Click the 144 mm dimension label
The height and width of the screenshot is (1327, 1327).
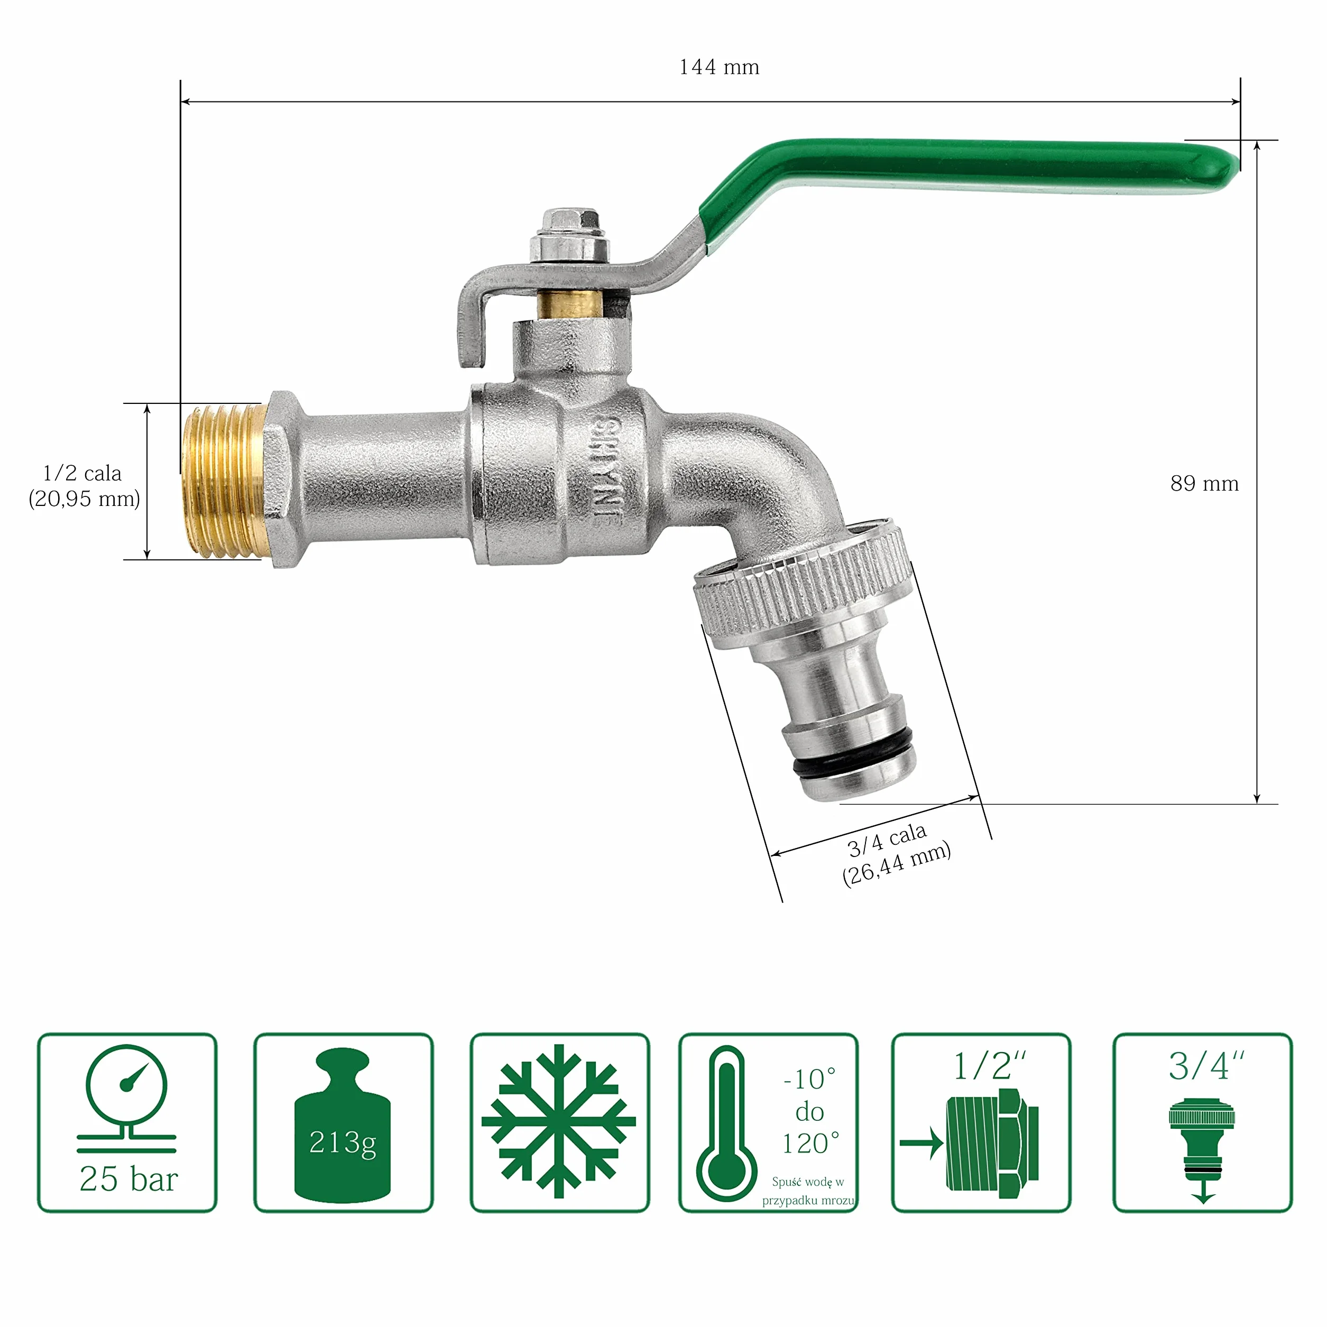(719, 67)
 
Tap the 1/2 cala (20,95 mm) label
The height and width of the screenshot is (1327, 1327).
(84, 486)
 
